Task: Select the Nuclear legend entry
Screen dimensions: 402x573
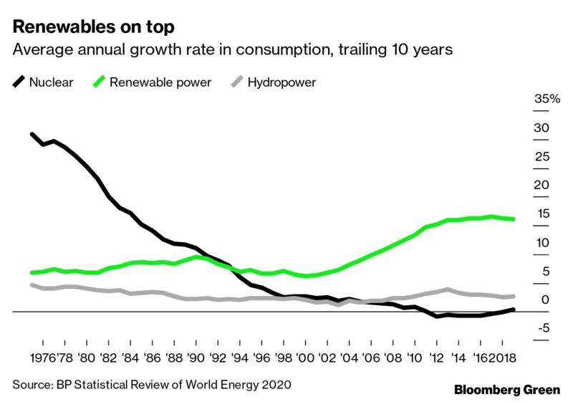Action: [43, 82]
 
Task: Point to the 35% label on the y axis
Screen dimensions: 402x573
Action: [547, 99]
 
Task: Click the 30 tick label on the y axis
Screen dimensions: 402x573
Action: [541, 128]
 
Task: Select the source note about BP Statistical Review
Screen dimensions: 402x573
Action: [153, 385]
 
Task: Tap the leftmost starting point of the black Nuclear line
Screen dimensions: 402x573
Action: [32, 134]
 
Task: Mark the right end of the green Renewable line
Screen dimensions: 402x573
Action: [513, 219]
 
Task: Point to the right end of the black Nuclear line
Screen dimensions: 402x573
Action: [513, 310]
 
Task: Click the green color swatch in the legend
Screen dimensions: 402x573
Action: [100, 82]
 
